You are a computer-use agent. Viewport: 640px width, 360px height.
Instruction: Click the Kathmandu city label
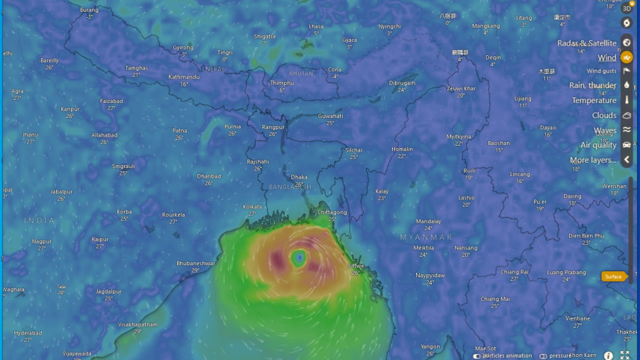(184, 77)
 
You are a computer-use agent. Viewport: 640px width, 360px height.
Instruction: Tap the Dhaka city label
(299, 178)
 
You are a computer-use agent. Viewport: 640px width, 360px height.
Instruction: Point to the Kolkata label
(252, 207)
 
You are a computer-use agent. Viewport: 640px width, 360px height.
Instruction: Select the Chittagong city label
(332, 212)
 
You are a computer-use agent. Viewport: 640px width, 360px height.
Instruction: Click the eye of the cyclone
(299, 258)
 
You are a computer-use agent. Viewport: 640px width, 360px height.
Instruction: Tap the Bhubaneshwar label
(196, 263)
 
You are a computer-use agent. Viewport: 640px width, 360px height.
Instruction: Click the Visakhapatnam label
(137, 324)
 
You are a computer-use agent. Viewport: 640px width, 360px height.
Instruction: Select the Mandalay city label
(429, 221)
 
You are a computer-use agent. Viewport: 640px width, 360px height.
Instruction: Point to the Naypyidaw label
(430, 275)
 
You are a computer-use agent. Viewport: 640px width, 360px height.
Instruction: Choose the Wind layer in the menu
(607, 58)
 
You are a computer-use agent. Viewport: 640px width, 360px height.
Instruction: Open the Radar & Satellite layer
(587, 43)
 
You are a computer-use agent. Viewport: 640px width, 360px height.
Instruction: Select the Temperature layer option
(594, 100)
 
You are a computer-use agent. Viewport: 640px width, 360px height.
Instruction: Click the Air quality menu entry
(599, 145)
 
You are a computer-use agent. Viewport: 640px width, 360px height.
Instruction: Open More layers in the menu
(593, 160)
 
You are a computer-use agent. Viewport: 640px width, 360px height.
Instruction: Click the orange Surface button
(613, 276)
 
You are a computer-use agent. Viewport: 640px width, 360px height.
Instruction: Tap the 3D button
(627, 8)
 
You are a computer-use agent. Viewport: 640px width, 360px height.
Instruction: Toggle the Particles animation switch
(476, 356)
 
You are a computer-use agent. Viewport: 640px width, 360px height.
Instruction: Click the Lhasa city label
(316, 25)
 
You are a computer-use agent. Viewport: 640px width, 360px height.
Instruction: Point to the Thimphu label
(282, 83)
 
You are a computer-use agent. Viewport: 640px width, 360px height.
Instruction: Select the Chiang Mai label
(495, 299)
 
